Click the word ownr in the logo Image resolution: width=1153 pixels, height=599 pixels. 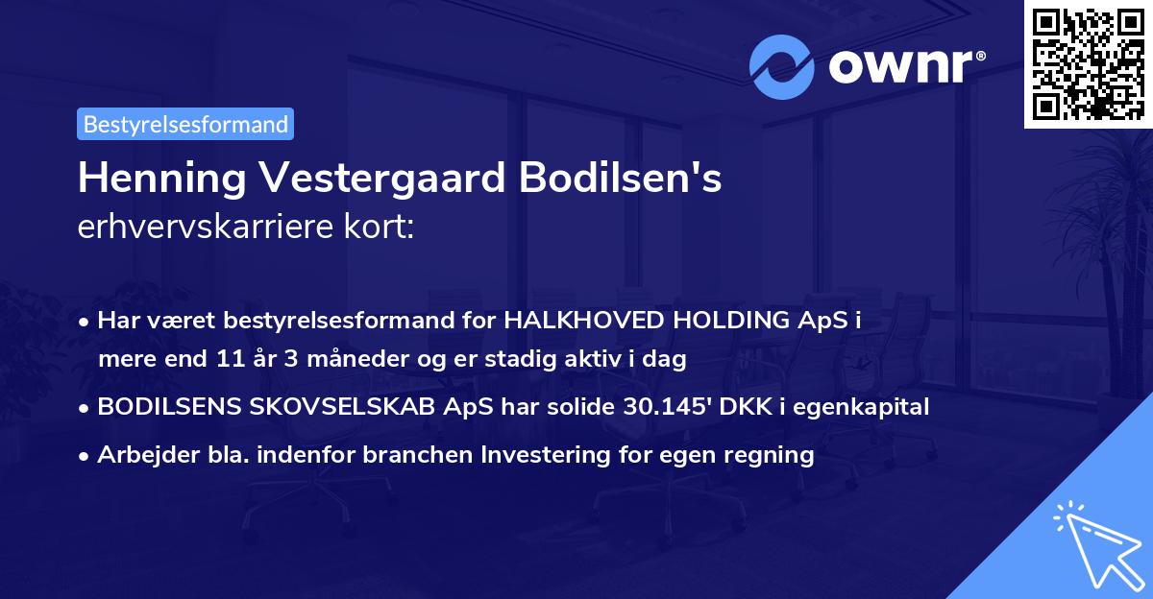pyautogui.click(x=898, y=67)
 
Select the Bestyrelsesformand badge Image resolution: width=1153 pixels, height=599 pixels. pyautogui.click(x=185, y=124)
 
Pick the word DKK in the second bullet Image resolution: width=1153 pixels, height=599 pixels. pyautogui.click(x=737, y=407)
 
